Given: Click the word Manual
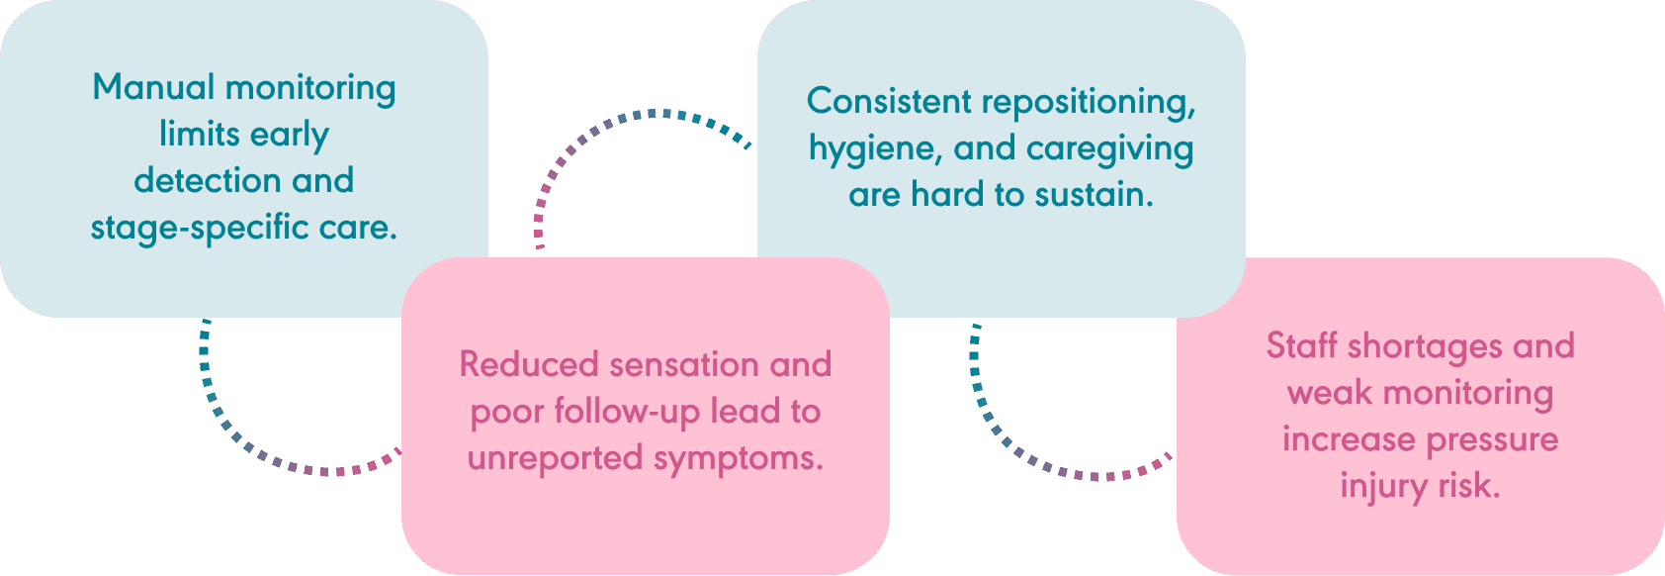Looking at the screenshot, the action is point(153,87).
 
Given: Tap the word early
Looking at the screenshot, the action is point(289,136).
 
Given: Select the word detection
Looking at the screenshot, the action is point(208,180).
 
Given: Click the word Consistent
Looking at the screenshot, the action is point(889,101).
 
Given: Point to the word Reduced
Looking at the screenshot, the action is point(529,364).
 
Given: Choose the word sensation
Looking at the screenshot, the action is point(684,365).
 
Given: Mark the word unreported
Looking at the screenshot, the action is point(556,458).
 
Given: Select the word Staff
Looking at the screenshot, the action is point(1301,346).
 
